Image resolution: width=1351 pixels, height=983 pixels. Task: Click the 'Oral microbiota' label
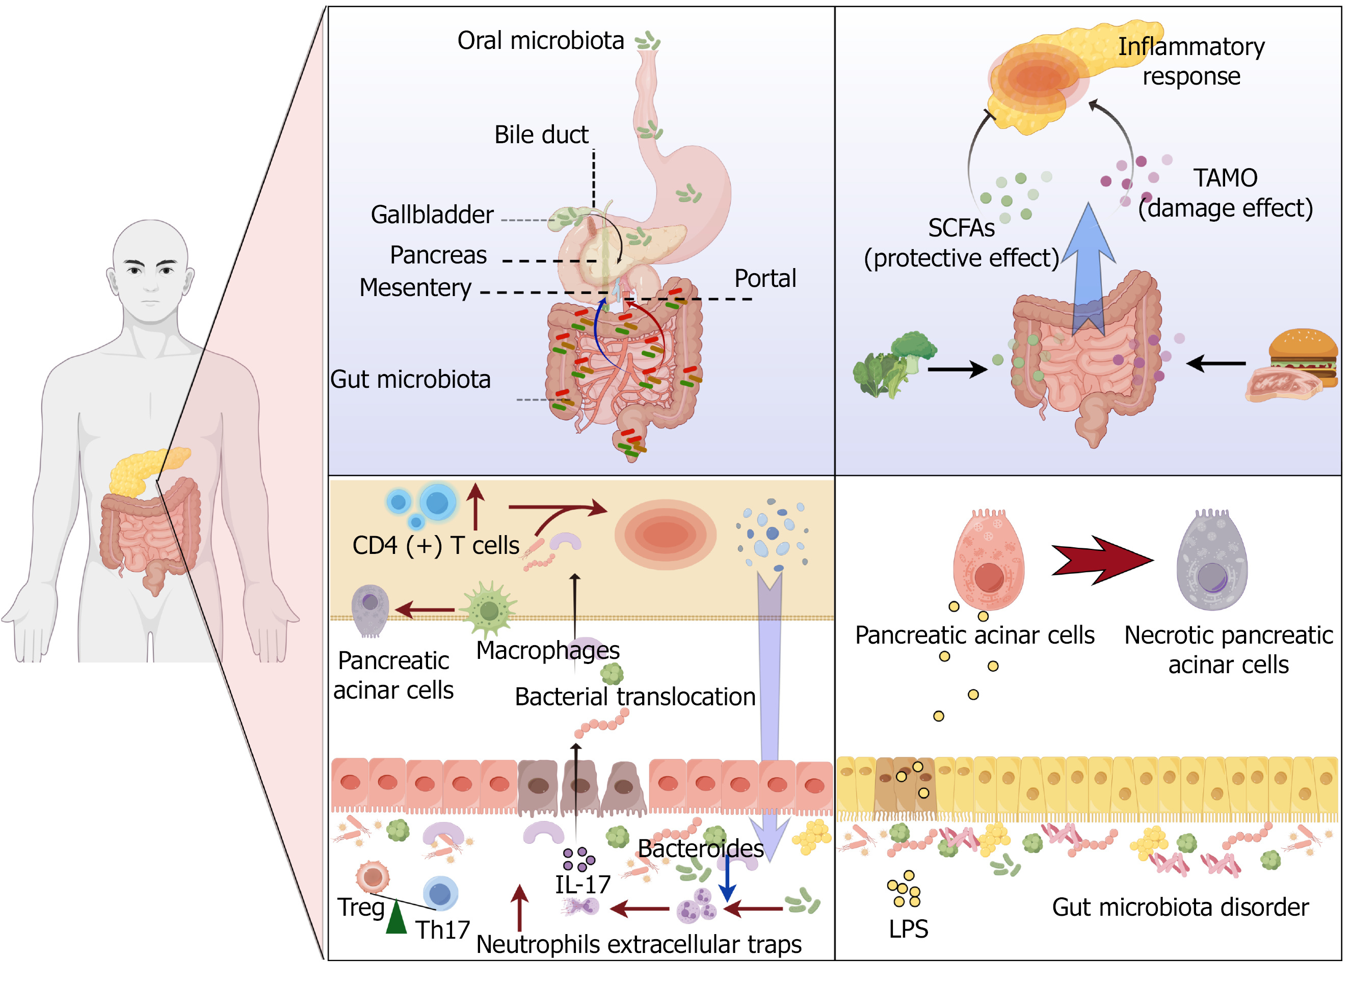point(540,40)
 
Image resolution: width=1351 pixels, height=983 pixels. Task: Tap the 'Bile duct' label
point(541,135)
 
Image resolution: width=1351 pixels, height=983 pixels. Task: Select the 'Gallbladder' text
point(432,215)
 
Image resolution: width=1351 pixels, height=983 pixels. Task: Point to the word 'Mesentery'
point(415,288)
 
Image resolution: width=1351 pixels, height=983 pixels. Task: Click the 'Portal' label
point(765,278)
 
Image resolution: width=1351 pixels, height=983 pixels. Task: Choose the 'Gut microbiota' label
point(410,380)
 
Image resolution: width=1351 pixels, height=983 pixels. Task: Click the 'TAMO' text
point(1225,177)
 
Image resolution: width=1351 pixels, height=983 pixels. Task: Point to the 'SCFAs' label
point(961,228)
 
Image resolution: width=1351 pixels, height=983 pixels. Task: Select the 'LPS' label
point(908,929)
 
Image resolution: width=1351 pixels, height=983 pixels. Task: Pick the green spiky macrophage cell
point(489,609)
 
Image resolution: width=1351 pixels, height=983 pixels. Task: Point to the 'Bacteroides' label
point(701,848)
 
